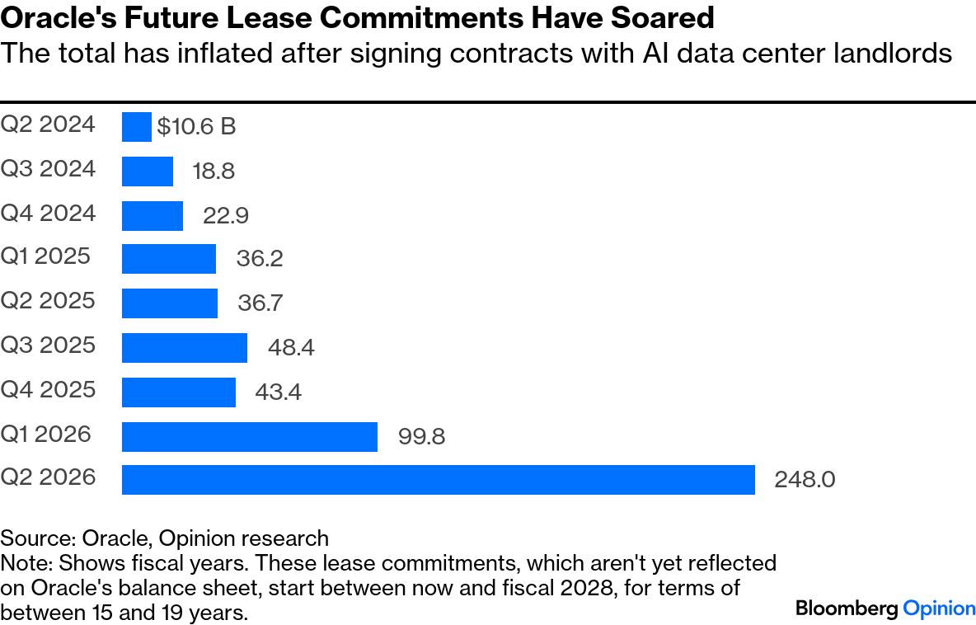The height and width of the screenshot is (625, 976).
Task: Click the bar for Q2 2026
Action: tap(438, 479)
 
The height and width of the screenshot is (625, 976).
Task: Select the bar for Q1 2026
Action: tap(249, 436)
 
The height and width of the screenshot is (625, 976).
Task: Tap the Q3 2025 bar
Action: tap(184, 347)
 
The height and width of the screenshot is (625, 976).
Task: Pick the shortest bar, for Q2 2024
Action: tap(136, 127)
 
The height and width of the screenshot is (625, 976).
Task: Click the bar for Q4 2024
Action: tap(152, 215)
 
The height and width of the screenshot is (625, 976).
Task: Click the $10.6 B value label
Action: tap(196, 127)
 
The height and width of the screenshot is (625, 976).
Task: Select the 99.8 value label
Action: tap(421, 436)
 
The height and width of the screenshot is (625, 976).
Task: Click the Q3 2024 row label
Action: tap(48, 169)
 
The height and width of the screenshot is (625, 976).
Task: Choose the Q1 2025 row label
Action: tap(45, 256)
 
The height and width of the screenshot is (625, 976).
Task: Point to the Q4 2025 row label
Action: tap(48, 388)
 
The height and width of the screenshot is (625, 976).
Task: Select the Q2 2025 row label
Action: tap(48, 300)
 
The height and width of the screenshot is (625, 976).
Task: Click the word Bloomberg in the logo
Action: tap(847, 609)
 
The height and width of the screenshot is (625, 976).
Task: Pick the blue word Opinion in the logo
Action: tap(939, 609)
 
